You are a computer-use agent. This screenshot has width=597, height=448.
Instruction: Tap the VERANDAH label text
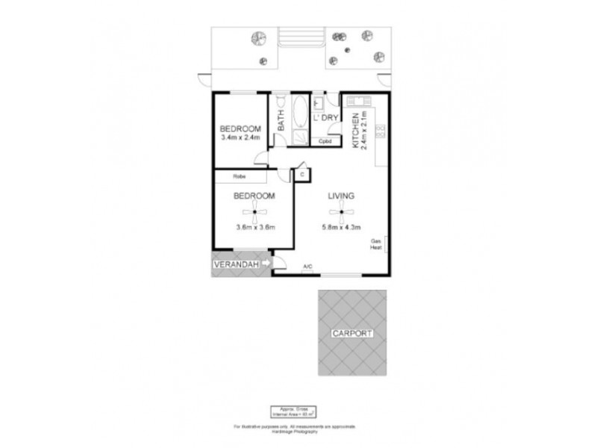click(x=234, y=265)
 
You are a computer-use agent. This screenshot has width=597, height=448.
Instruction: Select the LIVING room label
click(x=340, y=196)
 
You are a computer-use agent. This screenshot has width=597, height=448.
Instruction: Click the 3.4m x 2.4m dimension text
click(x=240, y=137)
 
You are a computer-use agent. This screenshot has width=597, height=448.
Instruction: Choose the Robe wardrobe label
click(x=240, y=176)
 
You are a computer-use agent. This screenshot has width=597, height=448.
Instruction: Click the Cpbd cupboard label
click(x=325, y=141)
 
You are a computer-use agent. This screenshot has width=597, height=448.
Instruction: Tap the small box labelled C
click(x=302, y=175)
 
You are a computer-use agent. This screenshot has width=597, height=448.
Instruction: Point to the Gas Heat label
click(x=377, y=245)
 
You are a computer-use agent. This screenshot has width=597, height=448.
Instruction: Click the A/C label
click(x=307, y=267)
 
